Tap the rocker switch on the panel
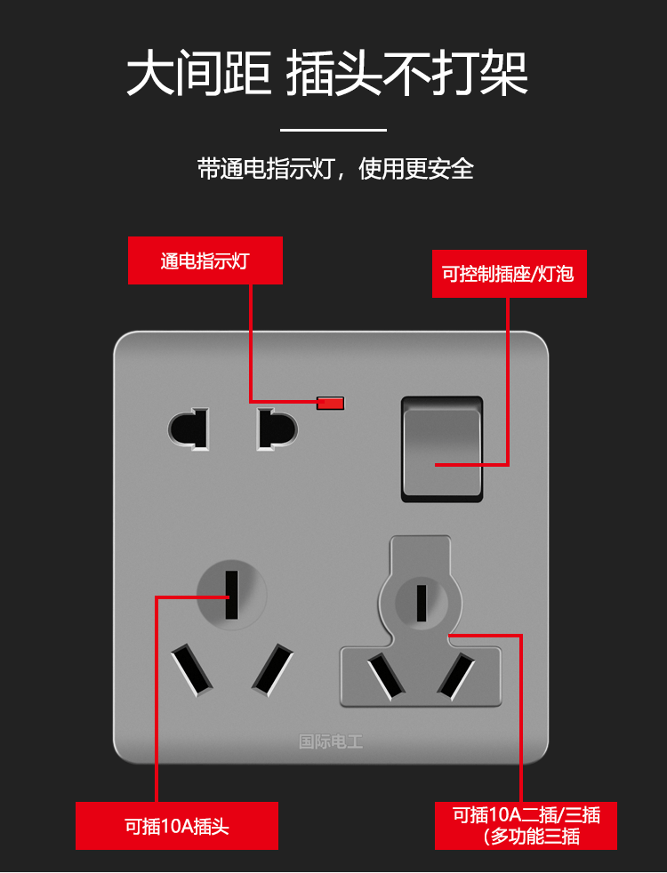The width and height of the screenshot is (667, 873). [x=442, y=448]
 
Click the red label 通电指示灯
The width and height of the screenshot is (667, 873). [x=205, y=260]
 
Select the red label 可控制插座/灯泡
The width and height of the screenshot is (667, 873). [x=509, y=274]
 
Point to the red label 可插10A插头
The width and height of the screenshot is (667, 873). [x=177, y=826]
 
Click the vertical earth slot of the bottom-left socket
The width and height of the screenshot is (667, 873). [x=231, y=594]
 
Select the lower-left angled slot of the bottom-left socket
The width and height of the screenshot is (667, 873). [x=192, y=669]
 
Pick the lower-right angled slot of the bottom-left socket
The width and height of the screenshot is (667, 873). [x=272, y=669]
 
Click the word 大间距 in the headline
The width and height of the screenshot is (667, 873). [x=198, y=73]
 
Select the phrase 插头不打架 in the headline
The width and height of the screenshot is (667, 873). [x=407, y=73]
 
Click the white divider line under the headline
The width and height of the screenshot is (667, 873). [x=333, y=130]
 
